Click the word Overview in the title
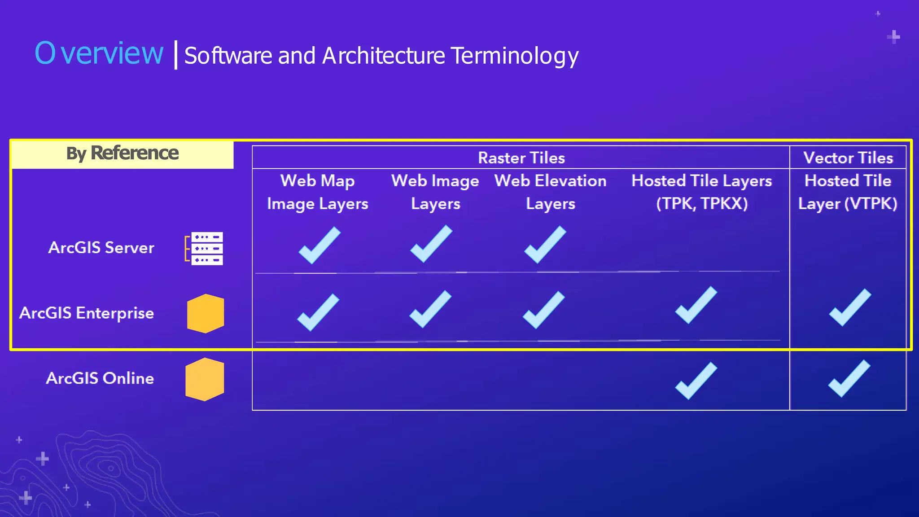[99, 53]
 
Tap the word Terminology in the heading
[515, 56]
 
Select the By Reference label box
[122, 153]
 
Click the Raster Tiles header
[521, 158]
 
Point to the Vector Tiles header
[848, 158]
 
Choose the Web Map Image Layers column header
[318, 192]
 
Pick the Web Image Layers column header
[435, 192]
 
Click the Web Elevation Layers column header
[550, 192]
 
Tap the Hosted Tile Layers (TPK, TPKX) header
[701, 192]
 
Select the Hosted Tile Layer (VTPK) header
[848, 192]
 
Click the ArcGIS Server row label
[101, 248]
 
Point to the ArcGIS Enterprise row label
[87, 313]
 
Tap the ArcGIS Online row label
[100, 378]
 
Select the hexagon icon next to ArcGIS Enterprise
[206, 313]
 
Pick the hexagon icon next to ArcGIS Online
[205, 379]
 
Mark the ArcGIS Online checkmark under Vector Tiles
[849, 379]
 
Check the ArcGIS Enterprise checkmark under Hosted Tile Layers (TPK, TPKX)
[696, 305]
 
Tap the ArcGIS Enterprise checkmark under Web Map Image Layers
[318, 312]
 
